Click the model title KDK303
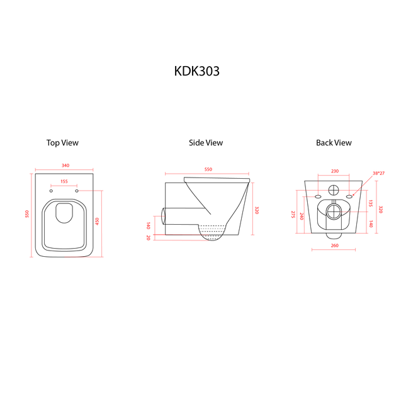coord(197,71)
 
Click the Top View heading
coord(62,143)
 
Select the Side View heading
coord(206,143)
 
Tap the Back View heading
coord(334,143)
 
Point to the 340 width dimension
coord(65,166)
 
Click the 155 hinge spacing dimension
coord(64,181)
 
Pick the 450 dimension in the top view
coord(97,221)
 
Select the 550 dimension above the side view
coord(208,169)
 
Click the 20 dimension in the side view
coord(149,237)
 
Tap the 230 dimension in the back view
coord(335,171)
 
